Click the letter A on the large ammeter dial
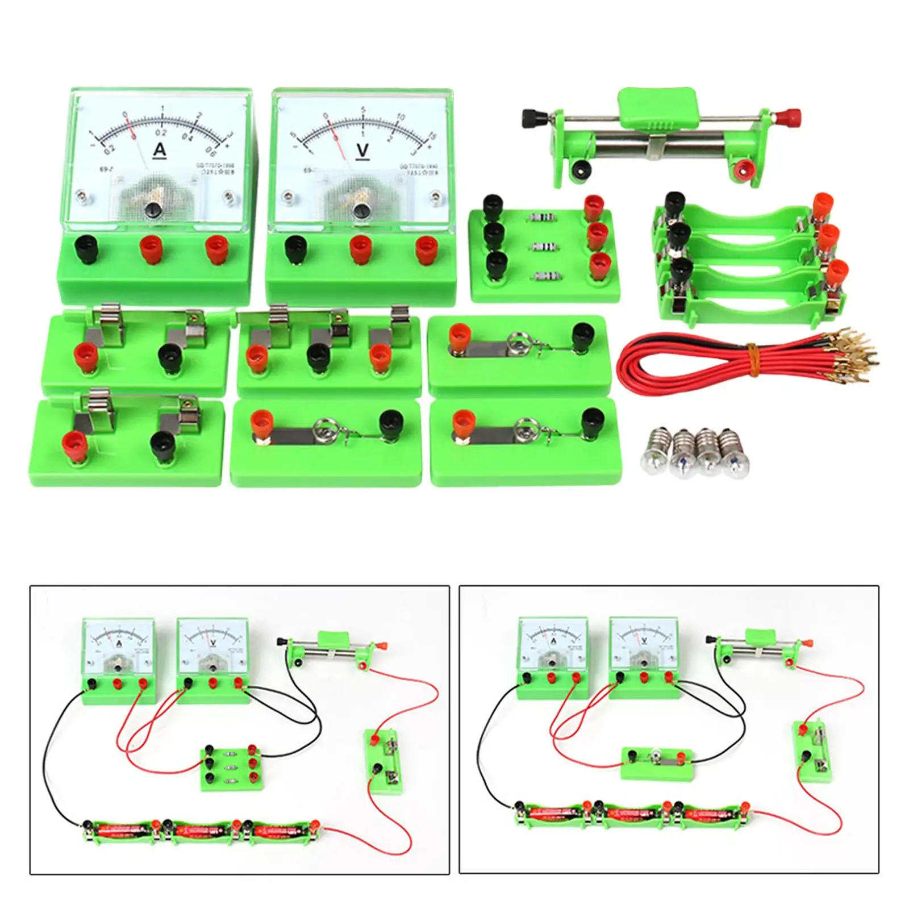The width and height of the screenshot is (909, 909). [160, 149]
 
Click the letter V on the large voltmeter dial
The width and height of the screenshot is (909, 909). [362, 150]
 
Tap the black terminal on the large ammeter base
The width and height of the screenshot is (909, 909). [87, 249]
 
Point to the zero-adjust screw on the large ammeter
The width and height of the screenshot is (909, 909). [153, 210]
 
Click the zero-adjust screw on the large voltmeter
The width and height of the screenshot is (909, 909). [360, 211]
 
